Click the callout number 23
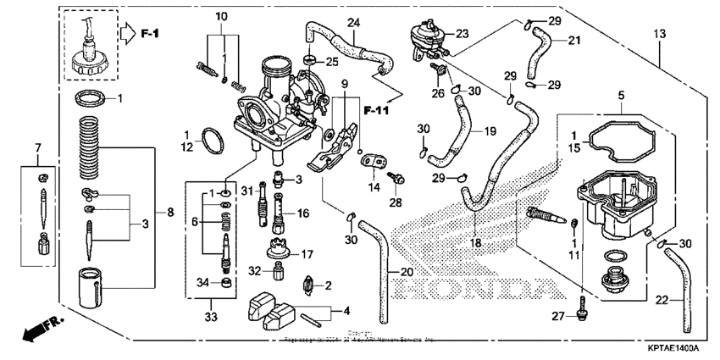[x=462, y=34]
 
